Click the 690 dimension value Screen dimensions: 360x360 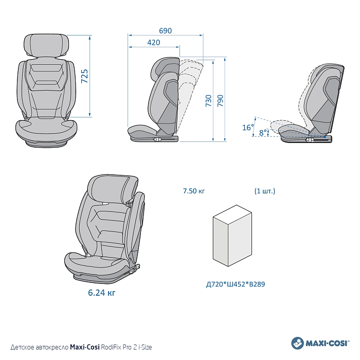(x=165, y=30)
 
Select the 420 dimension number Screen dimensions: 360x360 (x=154, y=43)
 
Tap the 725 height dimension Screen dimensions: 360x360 (x=84, y=76)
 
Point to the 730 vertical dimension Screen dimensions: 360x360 (x=208, y=101)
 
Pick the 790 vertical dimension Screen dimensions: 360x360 (x=220, y=101)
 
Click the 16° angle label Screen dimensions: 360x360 (x=248, y=127)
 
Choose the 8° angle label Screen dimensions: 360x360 (x=263, y=133)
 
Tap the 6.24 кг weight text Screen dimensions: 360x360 (x=101, y=293)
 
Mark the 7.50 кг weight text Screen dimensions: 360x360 (x=194, y=191)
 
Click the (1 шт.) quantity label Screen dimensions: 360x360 (x=265, y=191)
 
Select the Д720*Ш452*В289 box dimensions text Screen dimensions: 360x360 (x=236, y=284)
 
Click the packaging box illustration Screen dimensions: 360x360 (x=232, y=236)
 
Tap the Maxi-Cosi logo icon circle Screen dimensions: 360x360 (x=297, y=343)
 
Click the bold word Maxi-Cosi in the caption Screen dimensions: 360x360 (x=85, y=347)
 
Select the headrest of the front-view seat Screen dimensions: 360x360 (x=47, y=45)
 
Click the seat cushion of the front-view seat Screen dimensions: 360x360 (x=46, y=129)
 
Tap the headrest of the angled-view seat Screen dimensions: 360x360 (x=113, y=189)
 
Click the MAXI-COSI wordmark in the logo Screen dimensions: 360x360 (x=327, y=344)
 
